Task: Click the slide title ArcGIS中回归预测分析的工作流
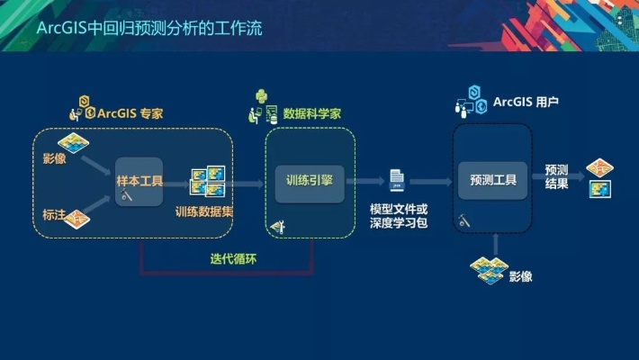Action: pyautogui.click(x=149, y=29)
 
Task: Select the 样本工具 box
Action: pyautogui.click(x=139, y=181)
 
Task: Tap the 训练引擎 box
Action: pyautogui.click(x=309, y=180)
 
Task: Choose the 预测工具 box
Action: pyautogui.click(x=492, y=180)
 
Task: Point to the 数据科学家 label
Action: pyautogui.click(x=310, y=114)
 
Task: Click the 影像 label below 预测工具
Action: pyautogui.click(x=520, y=275)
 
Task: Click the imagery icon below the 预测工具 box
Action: pyautogui.click(x=488, y=269)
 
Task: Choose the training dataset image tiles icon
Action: pyautogui.click(x=207, y=182)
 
